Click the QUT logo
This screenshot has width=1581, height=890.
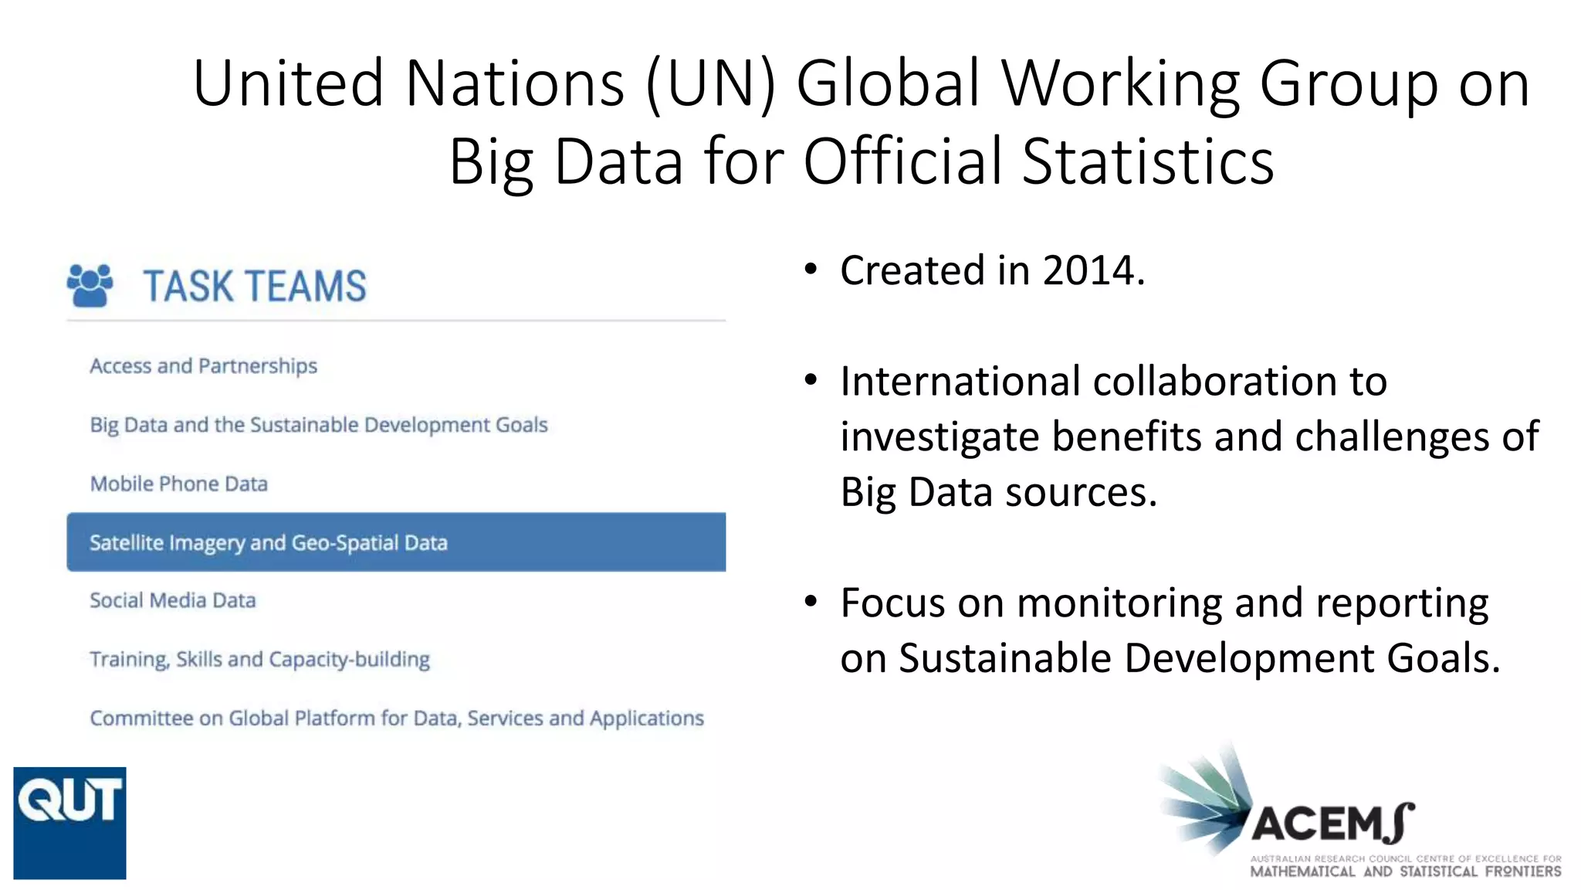69,822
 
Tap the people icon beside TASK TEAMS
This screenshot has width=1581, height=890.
90,285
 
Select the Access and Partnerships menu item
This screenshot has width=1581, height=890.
203,365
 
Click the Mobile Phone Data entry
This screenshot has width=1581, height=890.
178,484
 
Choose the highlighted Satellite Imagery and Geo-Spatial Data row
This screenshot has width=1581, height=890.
395,542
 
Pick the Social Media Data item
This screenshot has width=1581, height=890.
172,600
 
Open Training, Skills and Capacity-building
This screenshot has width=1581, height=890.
259,659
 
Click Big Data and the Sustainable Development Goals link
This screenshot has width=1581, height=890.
318,425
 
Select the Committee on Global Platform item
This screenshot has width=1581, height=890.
396,718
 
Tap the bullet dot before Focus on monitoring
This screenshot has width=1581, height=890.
810,601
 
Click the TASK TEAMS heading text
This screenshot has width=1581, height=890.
254,287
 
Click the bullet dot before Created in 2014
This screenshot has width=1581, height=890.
810,270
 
